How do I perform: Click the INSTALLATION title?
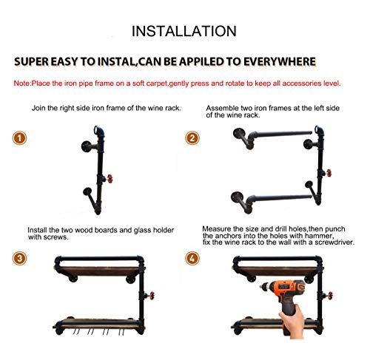click(x=184, y=31)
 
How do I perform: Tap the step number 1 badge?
click(x=19, y=138)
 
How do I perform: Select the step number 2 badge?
click(x=192, y=138)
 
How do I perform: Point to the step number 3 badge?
click(x=19, y=259)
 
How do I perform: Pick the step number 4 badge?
click(x=192, y=259)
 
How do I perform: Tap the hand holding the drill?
click(x=292, y=322)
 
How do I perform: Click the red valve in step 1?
click(x=110, y=179)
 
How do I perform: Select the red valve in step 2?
click(x=329, y=173)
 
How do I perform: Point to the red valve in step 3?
click(x=152, y=296)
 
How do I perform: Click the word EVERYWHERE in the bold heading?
click(x=280, y=61)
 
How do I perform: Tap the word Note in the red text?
click(x=21, y=84)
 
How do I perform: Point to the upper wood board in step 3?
click(x=99, y=271)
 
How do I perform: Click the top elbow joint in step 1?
click(x=99, y=132)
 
